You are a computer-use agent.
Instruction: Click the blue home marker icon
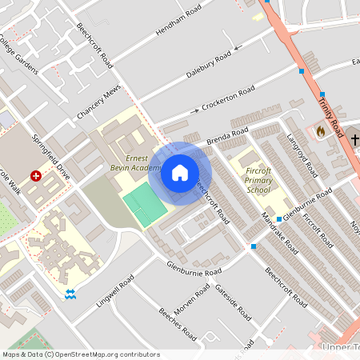pyautogui.click(x=180, y=172)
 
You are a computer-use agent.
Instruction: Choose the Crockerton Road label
pyautogui.click(x=228, y=98)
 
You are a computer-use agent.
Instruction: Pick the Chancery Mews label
pyautogui.click(x=98, y=102)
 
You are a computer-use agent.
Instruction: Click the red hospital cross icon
pyautogui.click(x=36, y=175)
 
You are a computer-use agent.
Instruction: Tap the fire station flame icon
pyautogui.click(x=322, y=130)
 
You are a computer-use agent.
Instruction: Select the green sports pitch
pyautogui.click(x=144, y=205)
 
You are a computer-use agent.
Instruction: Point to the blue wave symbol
pyautogui.click(x=71, y=294)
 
